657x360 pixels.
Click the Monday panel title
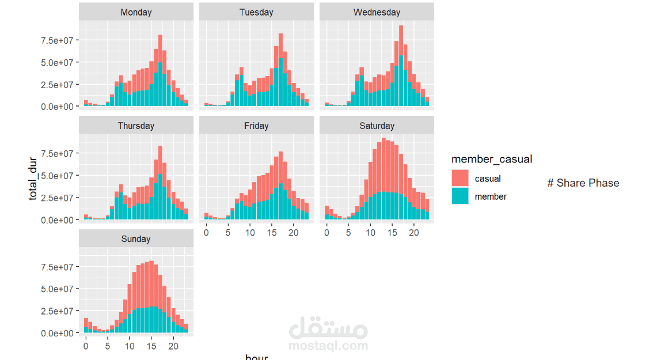coord(136,12)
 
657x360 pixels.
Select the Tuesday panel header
coord(256,12)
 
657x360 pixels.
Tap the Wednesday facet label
coord(377,12)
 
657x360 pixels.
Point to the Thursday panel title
coord(136,126)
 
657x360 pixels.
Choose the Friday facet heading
coord(256,126)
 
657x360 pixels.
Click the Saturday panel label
coord(377,126)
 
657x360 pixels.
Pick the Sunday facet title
coord(136,239)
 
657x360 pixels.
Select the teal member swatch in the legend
coord(460,196)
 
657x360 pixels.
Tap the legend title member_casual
coord(491,159)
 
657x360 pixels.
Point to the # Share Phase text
coord(583,183)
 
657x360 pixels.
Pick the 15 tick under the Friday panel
coord(272,233)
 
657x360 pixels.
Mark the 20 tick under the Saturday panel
coord(414,233)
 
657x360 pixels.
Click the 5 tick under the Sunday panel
coord(108,346)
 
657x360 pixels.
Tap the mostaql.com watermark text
coord(328,346)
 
